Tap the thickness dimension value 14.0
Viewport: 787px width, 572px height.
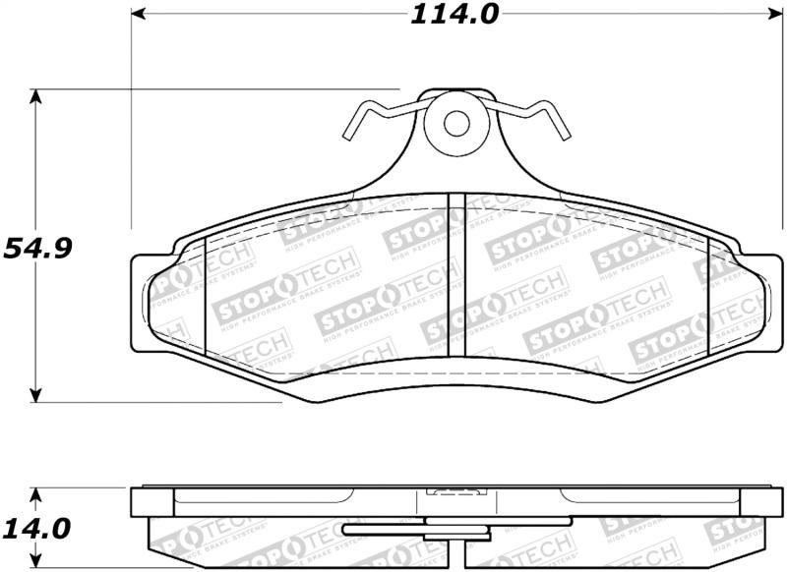[37, 529]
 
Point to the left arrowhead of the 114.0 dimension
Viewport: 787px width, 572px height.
[139, 14]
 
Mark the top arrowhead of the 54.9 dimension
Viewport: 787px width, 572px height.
[36, 96]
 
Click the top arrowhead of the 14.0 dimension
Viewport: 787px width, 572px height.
[36, 493]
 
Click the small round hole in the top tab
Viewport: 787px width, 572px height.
[455, 124]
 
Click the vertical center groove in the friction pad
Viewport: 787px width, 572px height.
[455, 275]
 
